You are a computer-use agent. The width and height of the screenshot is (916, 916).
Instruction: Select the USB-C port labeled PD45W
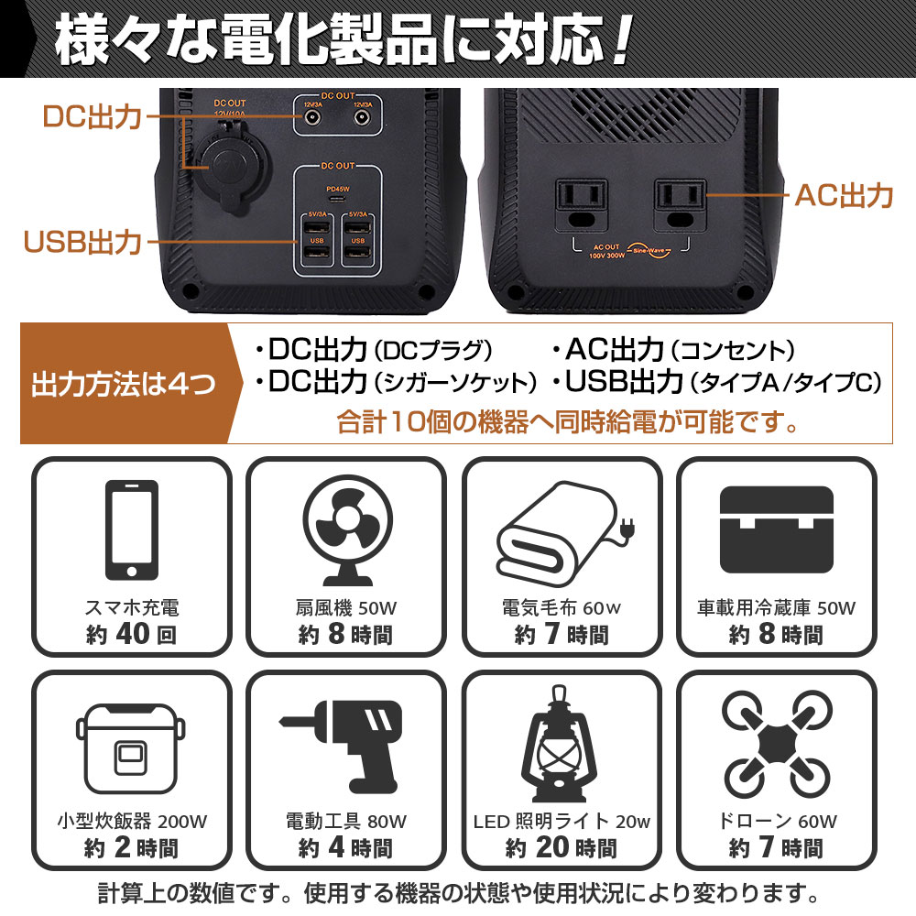(336, 199)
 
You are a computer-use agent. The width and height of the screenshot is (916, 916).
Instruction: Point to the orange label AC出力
(843, 195)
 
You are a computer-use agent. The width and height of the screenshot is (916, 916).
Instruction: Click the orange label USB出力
(82, 243)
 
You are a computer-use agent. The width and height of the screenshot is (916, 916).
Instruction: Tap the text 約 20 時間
(561, 848)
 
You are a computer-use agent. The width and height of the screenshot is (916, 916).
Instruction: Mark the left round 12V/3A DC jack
(312, 119)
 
